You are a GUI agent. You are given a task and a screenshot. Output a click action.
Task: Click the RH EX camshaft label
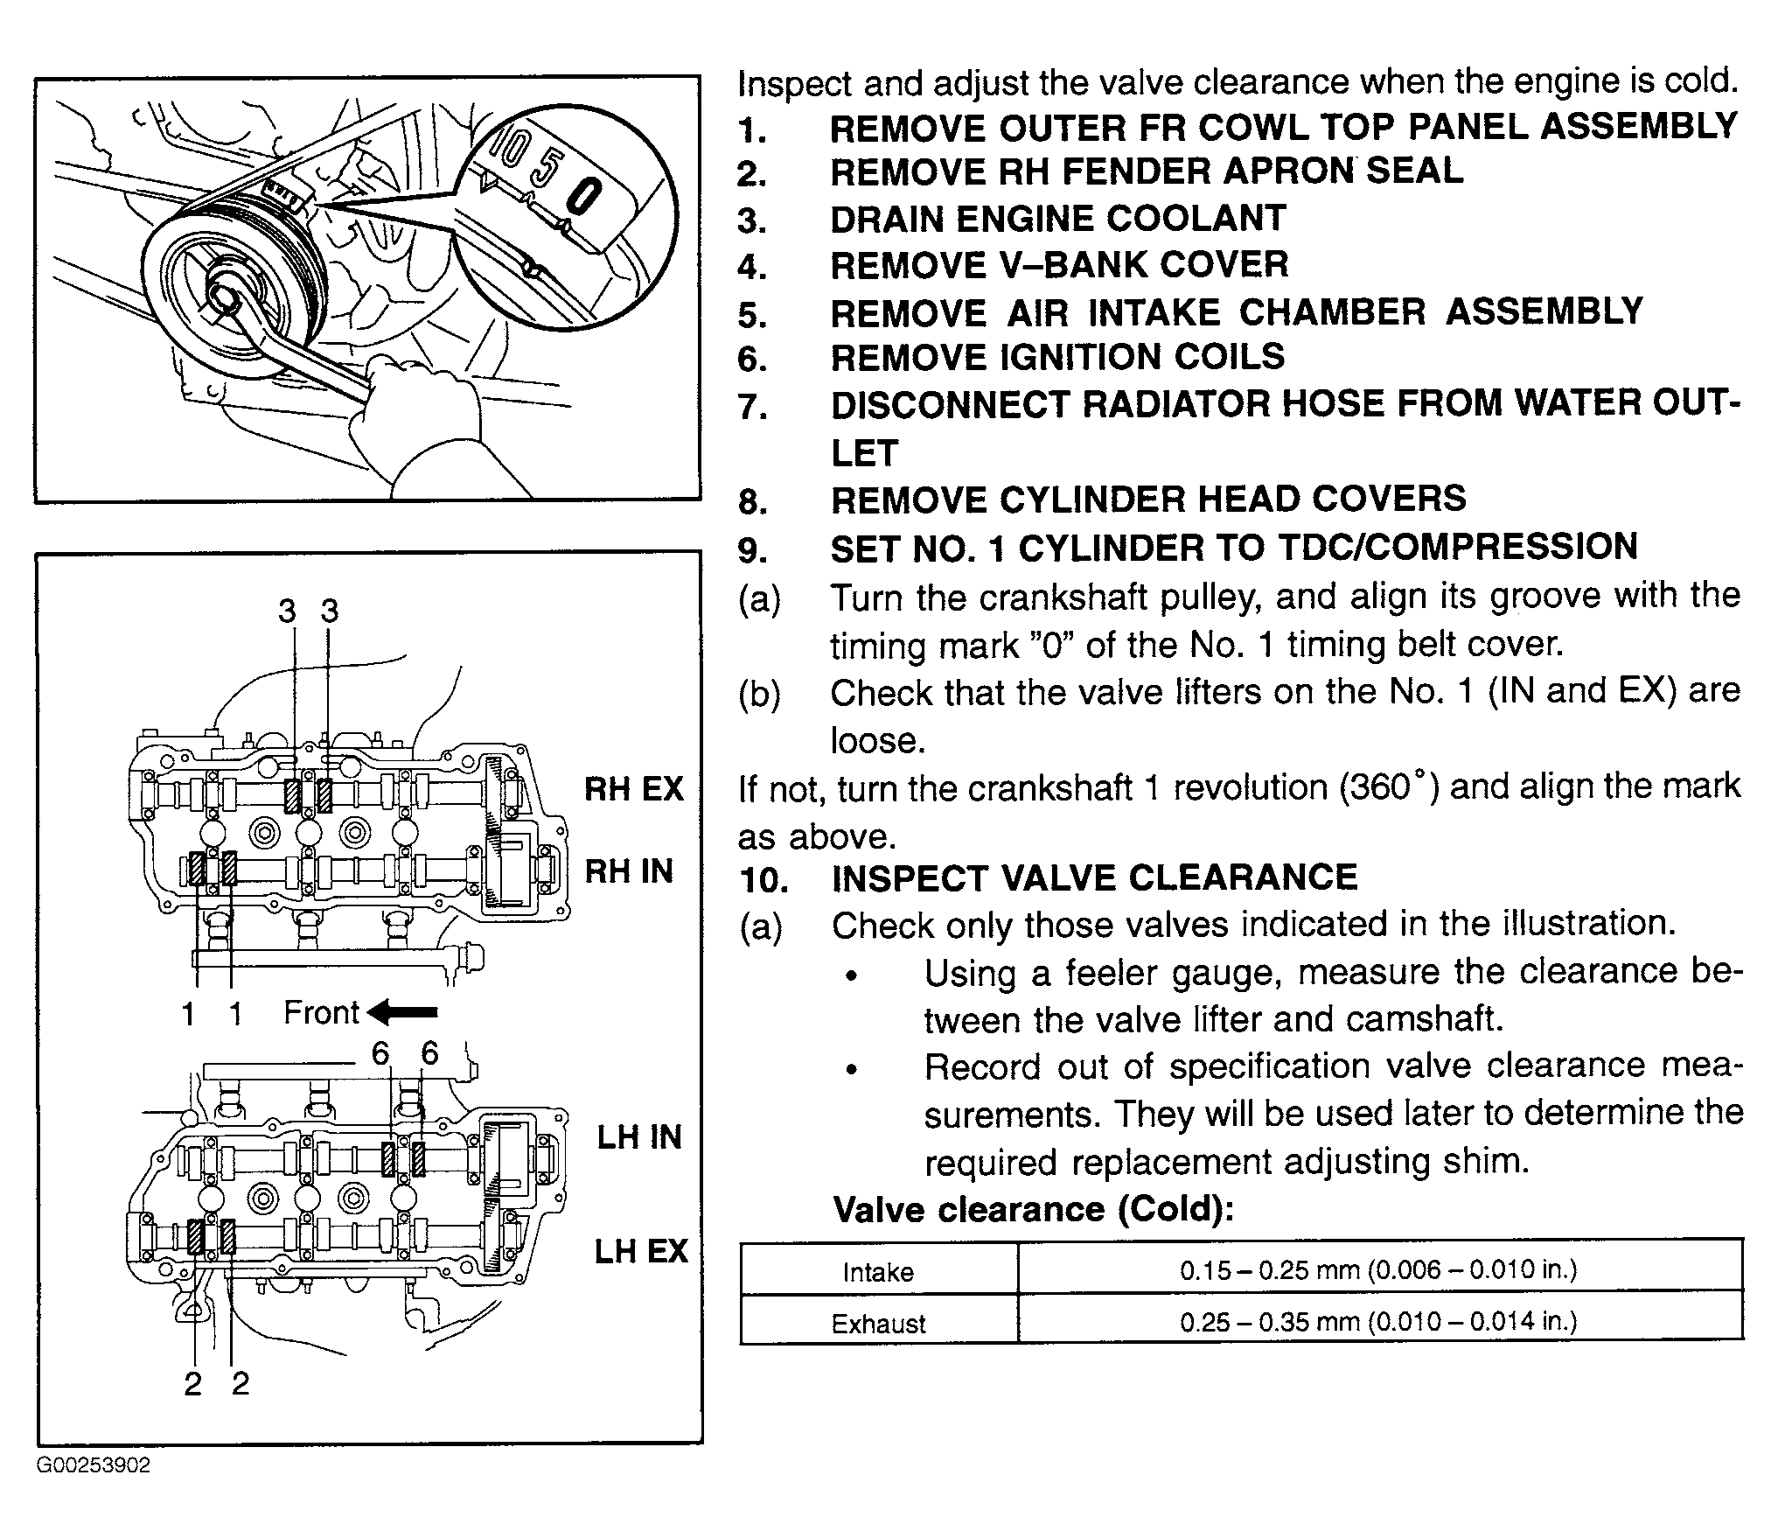pyautogui.click(x=633, y=788)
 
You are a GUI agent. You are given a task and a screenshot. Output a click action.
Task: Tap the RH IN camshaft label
pyautogui.click(x=629, y=871)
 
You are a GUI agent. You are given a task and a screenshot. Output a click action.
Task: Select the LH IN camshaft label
pyautogui.click(x=639, y=1137)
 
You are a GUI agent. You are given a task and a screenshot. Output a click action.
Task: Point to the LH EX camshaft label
pyautogui.click(x=641, y=1251)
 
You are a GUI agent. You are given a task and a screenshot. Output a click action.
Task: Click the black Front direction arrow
pyautogui.click(x=402, y=1012)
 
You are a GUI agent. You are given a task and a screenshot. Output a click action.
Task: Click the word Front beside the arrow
pyautogui.click(x=321, y=1012)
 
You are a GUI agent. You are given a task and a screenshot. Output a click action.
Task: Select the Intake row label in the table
pyautogui.click(x=878, y=1272)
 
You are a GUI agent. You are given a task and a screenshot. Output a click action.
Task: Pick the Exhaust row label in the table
pyautogui.click(x=878, y=1324)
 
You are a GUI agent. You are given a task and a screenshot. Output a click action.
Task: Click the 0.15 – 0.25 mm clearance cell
pyautogui.click(x=1378, y=1269)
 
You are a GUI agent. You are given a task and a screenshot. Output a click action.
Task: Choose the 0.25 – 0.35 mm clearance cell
pyautogui.click(x=1378, y=1321)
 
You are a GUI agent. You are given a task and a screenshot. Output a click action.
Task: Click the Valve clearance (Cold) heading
pyautogui.click(x=1034, y=1210)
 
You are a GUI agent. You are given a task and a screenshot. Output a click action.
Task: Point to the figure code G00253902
pyautogui.click(x=94, y=1465)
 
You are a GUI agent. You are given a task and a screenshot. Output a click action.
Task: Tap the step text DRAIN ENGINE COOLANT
pyautogui.click(x=1058, y=219)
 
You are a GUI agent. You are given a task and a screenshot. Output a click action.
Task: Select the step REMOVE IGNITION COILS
pyautogui.click(x=1057, y=357)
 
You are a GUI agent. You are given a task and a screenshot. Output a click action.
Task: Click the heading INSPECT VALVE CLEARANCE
pyautogui.click(x=1094, y=877)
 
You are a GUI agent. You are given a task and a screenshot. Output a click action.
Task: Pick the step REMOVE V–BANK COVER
pyautogui.click(x=1059, y=265)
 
